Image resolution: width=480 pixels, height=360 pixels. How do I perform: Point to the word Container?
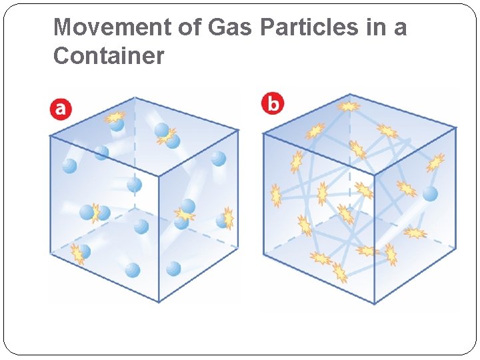click(108, 56)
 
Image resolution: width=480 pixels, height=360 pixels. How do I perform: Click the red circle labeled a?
click(61, 109)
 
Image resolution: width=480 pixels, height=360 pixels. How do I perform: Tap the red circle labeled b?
click(273, 104)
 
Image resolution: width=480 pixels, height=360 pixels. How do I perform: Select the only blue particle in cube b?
click(431, 194)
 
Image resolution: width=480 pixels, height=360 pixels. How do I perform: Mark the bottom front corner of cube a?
click(159, 302)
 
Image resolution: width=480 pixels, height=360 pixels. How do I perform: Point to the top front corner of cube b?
click(374, 175)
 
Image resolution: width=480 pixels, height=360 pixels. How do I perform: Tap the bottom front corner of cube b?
click(374, 304)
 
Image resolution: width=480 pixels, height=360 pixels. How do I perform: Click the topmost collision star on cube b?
click(349, 105)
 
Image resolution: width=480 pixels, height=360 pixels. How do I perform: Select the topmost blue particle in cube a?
click(117, 124)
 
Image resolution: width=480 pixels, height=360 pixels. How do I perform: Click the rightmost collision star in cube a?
click(228, 218)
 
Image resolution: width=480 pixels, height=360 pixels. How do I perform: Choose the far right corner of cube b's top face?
click(457, 127)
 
